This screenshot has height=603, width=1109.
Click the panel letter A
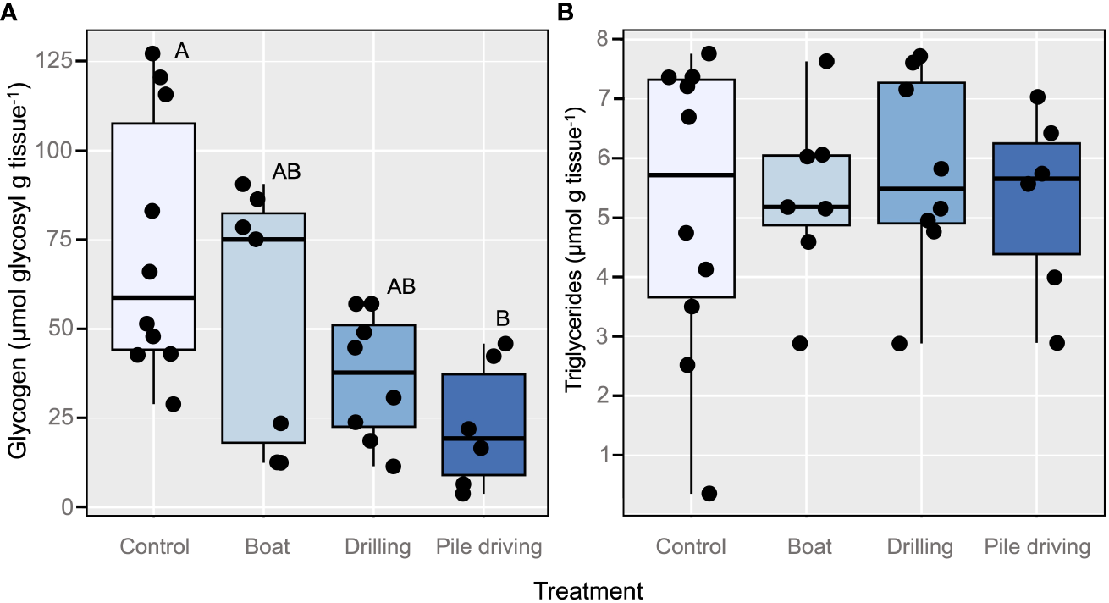(8, 12)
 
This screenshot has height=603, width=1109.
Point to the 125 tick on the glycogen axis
(62, 62)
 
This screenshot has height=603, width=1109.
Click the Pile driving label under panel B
(1036, 547)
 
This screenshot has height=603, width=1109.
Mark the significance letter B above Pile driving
(502, 319)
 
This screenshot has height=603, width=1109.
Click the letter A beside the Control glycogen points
(181, 53)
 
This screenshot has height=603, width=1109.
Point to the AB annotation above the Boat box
(287, 173)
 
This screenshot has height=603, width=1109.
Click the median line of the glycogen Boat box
(263, 240)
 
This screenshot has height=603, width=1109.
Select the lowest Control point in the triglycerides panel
(709, 494)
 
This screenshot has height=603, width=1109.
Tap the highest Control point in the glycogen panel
(152, 53)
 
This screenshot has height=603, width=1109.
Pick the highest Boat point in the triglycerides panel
(826, 61)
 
